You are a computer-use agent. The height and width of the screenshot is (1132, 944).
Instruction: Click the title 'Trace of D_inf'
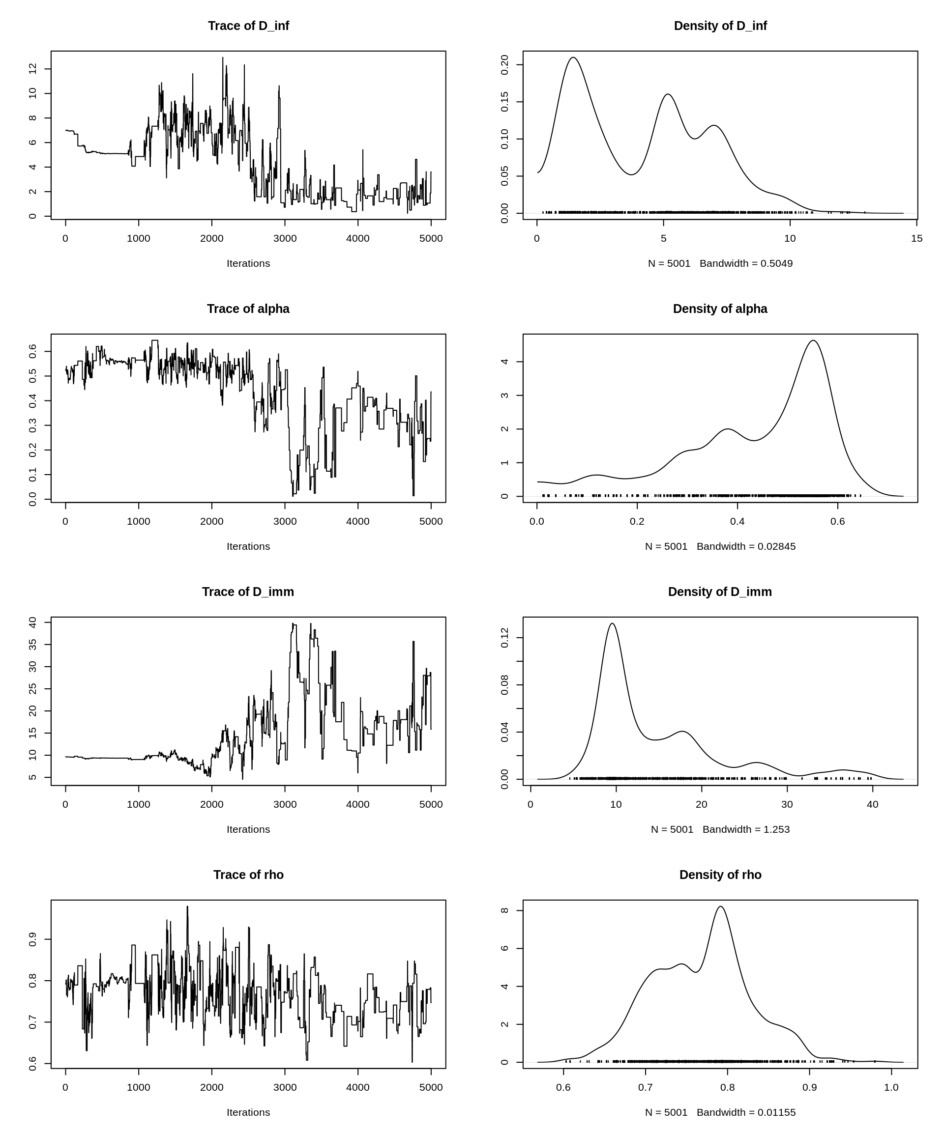click(x=248, y=26)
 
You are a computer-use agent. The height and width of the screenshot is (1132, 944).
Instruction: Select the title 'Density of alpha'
click(x=720, y=309)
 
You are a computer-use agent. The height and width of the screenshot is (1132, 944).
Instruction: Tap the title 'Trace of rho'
click(x=248, y=875)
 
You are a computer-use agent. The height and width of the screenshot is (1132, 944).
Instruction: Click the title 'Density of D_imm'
click(x=720, y=592)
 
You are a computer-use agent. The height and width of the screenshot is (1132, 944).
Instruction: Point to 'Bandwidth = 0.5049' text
click(x=746, y=264)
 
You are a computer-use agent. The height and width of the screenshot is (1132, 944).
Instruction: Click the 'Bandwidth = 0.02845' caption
click(x=746, y=547)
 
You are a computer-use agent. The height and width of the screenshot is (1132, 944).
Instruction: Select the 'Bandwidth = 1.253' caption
click(x=746, y=830)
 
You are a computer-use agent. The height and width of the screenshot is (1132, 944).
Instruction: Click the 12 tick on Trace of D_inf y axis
click(x=33, y=69)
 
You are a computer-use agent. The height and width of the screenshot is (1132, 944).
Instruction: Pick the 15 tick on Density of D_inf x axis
click(x=916, y=238)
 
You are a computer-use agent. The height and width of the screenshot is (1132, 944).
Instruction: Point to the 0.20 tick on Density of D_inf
click(x=505, y=65)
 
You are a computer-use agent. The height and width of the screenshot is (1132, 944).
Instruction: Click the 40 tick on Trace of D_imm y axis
click(x=33, y=623)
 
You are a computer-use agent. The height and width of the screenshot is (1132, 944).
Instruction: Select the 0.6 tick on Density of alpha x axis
click(x=838, y=521)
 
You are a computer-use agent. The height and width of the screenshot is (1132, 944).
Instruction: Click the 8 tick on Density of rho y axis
click(x=505, y=910)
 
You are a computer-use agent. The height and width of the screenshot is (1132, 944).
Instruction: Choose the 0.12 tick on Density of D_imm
click(x=505, y=638)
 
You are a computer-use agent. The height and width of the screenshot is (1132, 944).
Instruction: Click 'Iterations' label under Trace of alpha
click(x=248, y=547)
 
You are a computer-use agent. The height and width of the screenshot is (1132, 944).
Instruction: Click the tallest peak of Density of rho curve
click(x=721, y=906)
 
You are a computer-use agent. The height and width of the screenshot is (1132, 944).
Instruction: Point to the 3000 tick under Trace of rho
click(x=285, y=1087)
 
